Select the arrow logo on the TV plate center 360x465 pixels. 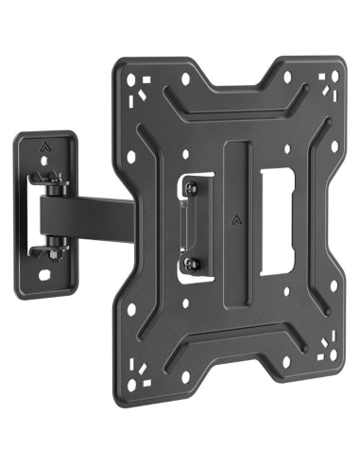click(233, 225)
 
